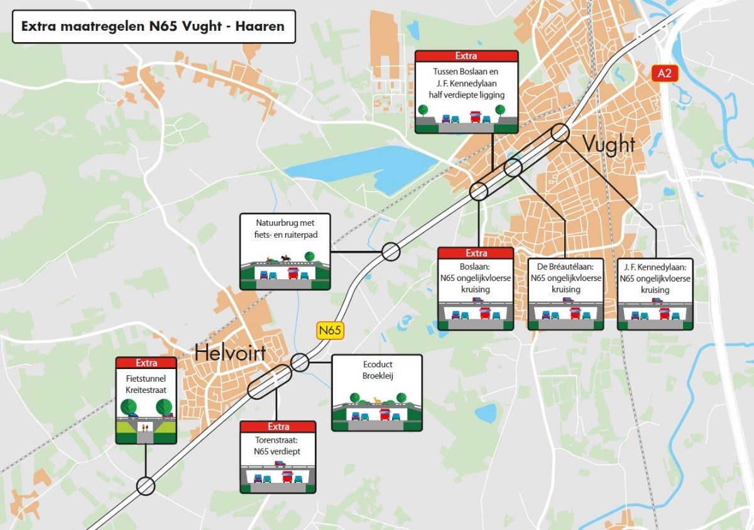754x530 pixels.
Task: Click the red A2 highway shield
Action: click(x=665, y=74)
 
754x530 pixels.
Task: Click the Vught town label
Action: click(x=609, y=145)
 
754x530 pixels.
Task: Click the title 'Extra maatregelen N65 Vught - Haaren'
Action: click(x=153, y=26)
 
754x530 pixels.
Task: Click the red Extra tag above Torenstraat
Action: click(x=278, y=427)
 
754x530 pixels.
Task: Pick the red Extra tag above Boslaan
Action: click(x=476, y=253)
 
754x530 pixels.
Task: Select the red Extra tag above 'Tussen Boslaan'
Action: click(x=466, y=57)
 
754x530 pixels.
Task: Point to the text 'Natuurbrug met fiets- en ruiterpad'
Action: click(x=285, y=228)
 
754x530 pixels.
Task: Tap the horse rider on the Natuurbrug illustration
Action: click(x=285, y=258)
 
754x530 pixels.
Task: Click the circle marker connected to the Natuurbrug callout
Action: click(x=391, y=251)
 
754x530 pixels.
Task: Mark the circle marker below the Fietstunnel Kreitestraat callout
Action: click(x=146, y=486)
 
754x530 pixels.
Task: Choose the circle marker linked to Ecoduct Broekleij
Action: click(x=300, y=362)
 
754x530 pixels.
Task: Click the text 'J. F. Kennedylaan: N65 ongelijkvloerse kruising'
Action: click(x=655, y=279)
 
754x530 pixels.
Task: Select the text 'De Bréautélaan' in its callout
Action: click(x=565, y=267)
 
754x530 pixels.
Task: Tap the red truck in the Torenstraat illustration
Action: click(x=287, y=477)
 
